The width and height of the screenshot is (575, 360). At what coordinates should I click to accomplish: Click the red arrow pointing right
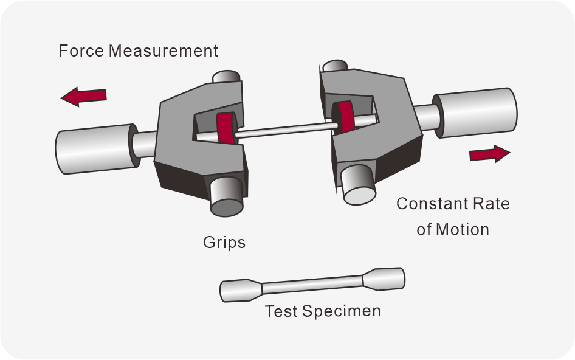pyautogui.click(x=489, y=154)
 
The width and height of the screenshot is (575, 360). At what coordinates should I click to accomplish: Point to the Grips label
pyautogui.click(x=224, y=243)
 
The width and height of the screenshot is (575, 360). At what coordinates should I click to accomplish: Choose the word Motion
pyautogui.click(x=461, y=230)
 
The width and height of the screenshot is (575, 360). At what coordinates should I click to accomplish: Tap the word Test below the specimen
pyautogui.click(x=281, y=311)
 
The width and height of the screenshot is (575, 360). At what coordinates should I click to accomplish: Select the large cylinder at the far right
pyautogui.click(x=475, y=112)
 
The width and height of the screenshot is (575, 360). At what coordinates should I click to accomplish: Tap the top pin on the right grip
pyautogui.click(x=336, y=66)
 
